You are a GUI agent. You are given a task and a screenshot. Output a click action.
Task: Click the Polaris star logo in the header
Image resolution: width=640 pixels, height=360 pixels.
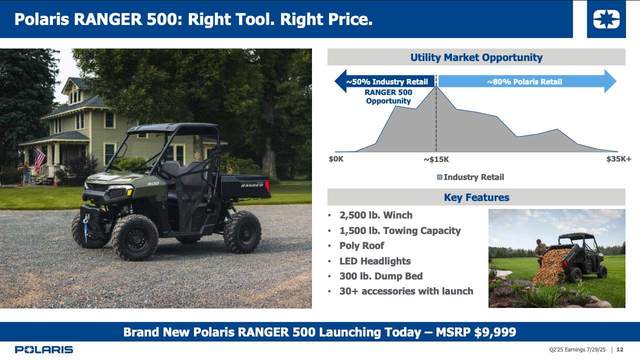[x=606, y=19]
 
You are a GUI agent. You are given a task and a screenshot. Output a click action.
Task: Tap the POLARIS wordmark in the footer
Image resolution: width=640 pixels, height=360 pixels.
[x=44, y=349]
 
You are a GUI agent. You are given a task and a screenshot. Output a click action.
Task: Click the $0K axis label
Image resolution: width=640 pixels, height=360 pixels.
[x=336, y=159]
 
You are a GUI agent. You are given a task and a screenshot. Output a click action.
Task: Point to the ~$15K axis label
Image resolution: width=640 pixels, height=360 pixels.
[x=436, y=159]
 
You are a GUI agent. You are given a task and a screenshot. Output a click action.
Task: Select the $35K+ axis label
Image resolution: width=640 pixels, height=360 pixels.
[x=619, y=159]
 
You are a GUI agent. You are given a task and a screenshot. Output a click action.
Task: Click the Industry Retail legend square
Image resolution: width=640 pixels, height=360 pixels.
[x=439, y=177]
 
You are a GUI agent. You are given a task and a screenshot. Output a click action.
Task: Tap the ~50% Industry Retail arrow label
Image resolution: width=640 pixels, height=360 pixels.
[x=387, y=81]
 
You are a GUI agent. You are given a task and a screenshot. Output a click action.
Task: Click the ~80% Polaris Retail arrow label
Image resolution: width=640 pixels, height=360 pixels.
[x=524, y=81]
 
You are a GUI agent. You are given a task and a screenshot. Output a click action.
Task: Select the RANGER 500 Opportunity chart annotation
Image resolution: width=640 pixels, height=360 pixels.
[x=388, y=96]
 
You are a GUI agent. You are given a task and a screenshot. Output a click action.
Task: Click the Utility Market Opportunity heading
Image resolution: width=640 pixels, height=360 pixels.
[x=476, y=57]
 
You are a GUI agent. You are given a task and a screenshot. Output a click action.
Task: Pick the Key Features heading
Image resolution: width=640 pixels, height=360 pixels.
[x=476, y=197]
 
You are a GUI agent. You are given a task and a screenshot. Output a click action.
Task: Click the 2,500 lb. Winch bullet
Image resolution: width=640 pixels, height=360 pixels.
[x=375, y=215]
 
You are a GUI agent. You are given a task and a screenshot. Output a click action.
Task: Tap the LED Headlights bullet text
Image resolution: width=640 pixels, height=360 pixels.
[x=375, y=261]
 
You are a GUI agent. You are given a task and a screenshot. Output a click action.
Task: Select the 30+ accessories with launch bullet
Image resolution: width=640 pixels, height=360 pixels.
[x=406, y=291]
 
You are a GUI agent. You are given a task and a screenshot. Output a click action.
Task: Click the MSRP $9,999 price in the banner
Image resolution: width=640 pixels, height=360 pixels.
[x=475, y=332]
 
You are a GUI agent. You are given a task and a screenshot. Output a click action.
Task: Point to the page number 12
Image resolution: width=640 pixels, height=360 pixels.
[x=619, y=349]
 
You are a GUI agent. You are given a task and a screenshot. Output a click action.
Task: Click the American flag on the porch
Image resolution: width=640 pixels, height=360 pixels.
[x=39, y=160]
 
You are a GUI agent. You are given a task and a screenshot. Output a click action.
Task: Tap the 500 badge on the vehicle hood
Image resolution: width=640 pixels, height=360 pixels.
[x=153, y=183]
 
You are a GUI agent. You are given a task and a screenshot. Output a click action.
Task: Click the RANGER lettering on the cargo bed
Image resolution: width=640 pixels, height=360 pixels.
[x=252, y=185]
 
